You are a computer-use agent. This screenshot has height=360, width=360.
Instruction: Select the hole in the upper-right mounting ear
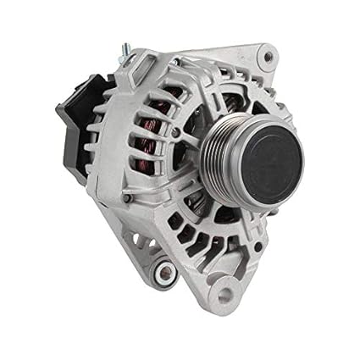pyautogui.click(x=268, y=58)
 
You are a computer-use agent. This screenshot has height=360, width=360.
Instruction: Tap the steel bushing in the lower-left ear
pyautogui.click(x=163, y=272)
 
